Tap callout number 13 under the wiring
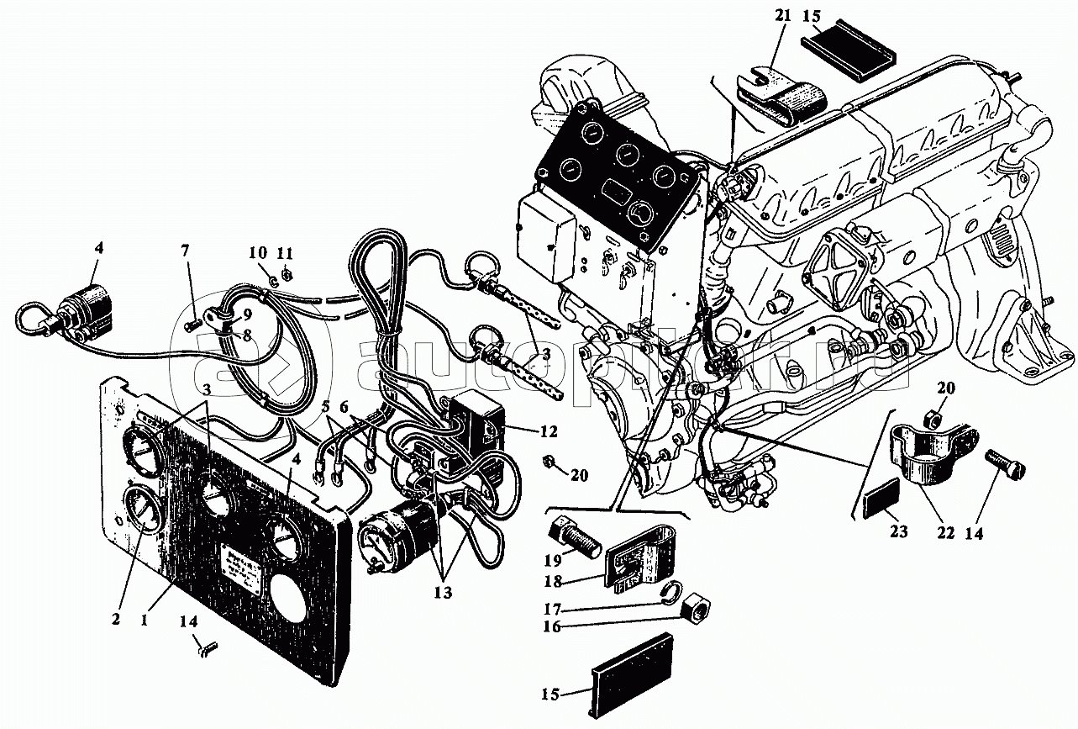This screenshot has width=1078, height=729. [x=443, y=592]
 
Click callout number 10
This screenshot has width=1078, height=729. [x=257, y=252]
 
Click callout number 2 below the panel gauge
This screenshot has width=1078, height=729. [x=116, y=618]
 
